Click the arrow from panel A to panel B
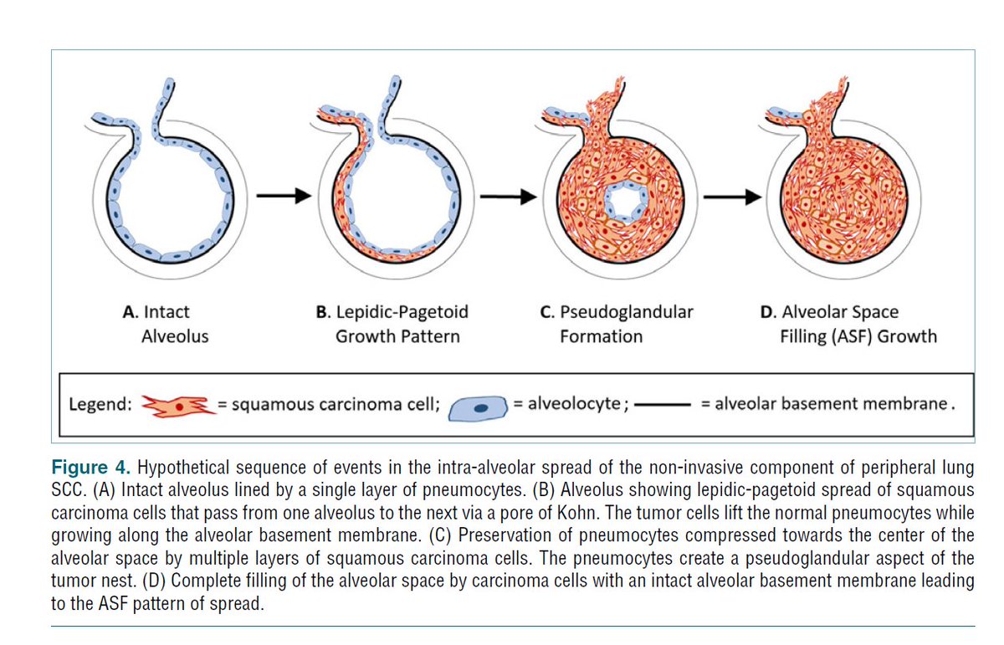(x=284, y=196)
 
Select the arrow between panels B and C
(x=509, y=197)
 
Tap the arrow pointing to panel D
(x=732, y=197)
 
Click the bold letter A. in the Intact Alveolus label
(x=130, y=312)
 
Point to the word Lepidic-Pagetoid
(x=402, y=312)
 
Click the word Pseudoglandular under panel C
(x=627, y=312)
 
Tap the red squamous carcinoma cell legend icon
(x=178, y=406)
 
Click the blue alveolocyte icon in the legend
(x=479, y=408)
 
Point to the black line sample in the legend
(x=663, y=405)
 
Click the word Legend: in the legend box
(x=100, y=405)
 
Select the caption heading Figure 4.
(x=91, y=468)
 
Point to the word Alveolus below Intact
(x=175, y=336)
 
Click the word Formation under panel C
(x=601, y=336)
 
